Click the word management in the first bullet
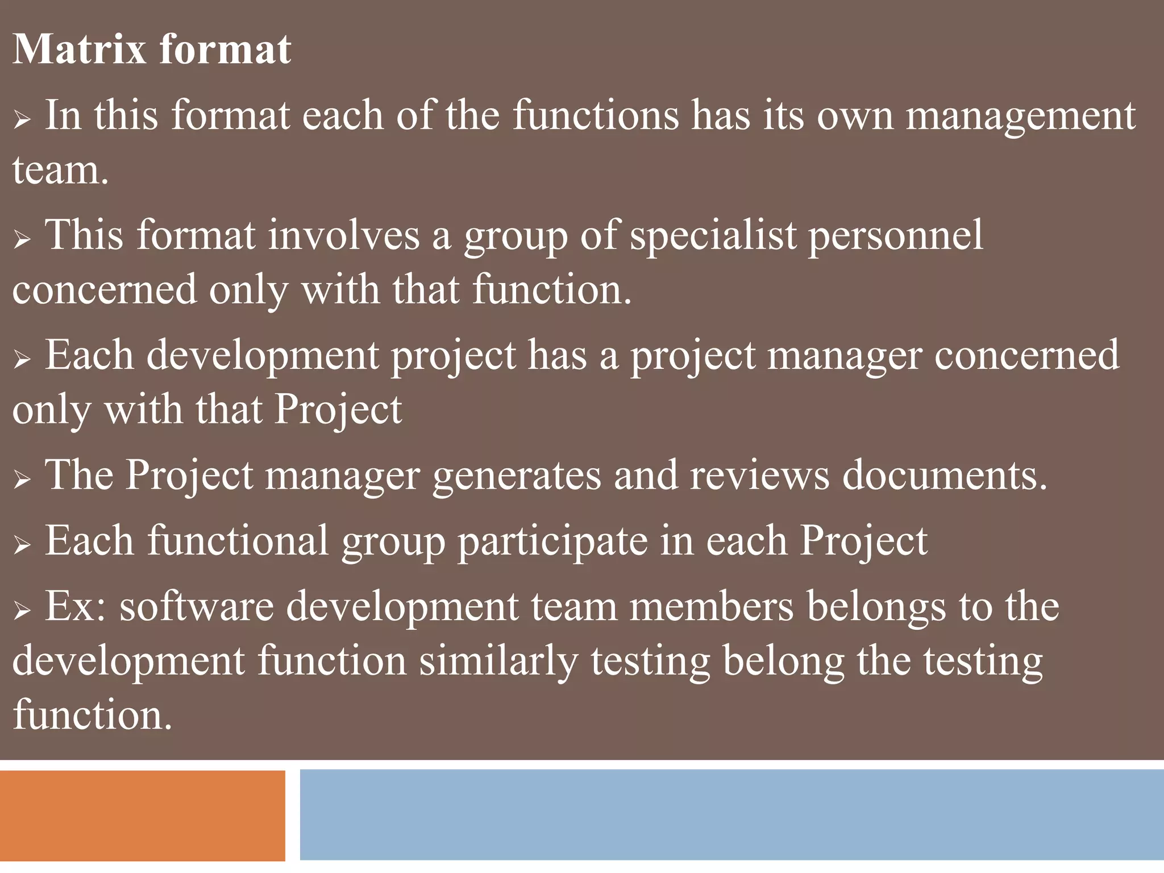1020,116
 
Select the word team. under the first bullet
60,170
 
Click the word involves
343,235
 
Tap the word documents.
944,475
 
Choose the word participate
552,541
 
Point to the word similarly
498,660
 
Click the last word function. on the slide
92,715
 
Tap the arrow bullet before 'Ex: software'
22,610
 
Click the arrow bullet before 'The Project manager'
22,480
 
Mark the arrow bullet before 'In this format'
22,120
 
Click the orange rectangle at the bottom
142,815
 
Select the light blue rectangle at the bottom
731,814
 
